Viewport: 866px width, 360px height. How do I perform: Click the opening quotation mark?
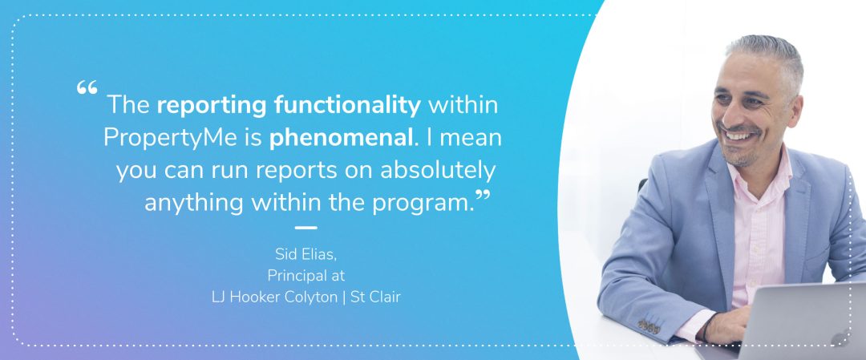tap(87, 87)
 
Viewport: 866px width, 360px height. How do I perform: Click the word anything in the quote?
tap(194, 204)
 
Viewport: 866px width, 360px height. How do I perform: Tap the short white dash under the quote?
tap(306, 228)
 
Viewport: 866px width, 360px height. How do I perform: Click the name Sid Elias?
tap(306, 254)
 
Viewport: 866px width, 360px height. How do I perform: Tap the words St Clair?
tap(375, 297)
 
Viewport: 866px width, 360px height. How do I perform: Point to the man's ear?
tap(795, 107)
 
